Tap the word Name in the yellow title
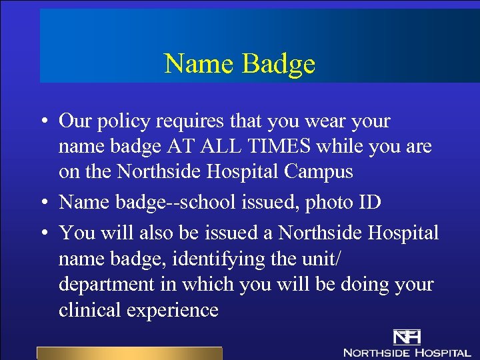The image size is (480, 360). click(199, 64)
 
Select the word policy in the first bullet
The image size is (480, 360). click(124, 122)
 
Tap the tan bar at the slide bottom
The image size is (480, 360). click(129, 353)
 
